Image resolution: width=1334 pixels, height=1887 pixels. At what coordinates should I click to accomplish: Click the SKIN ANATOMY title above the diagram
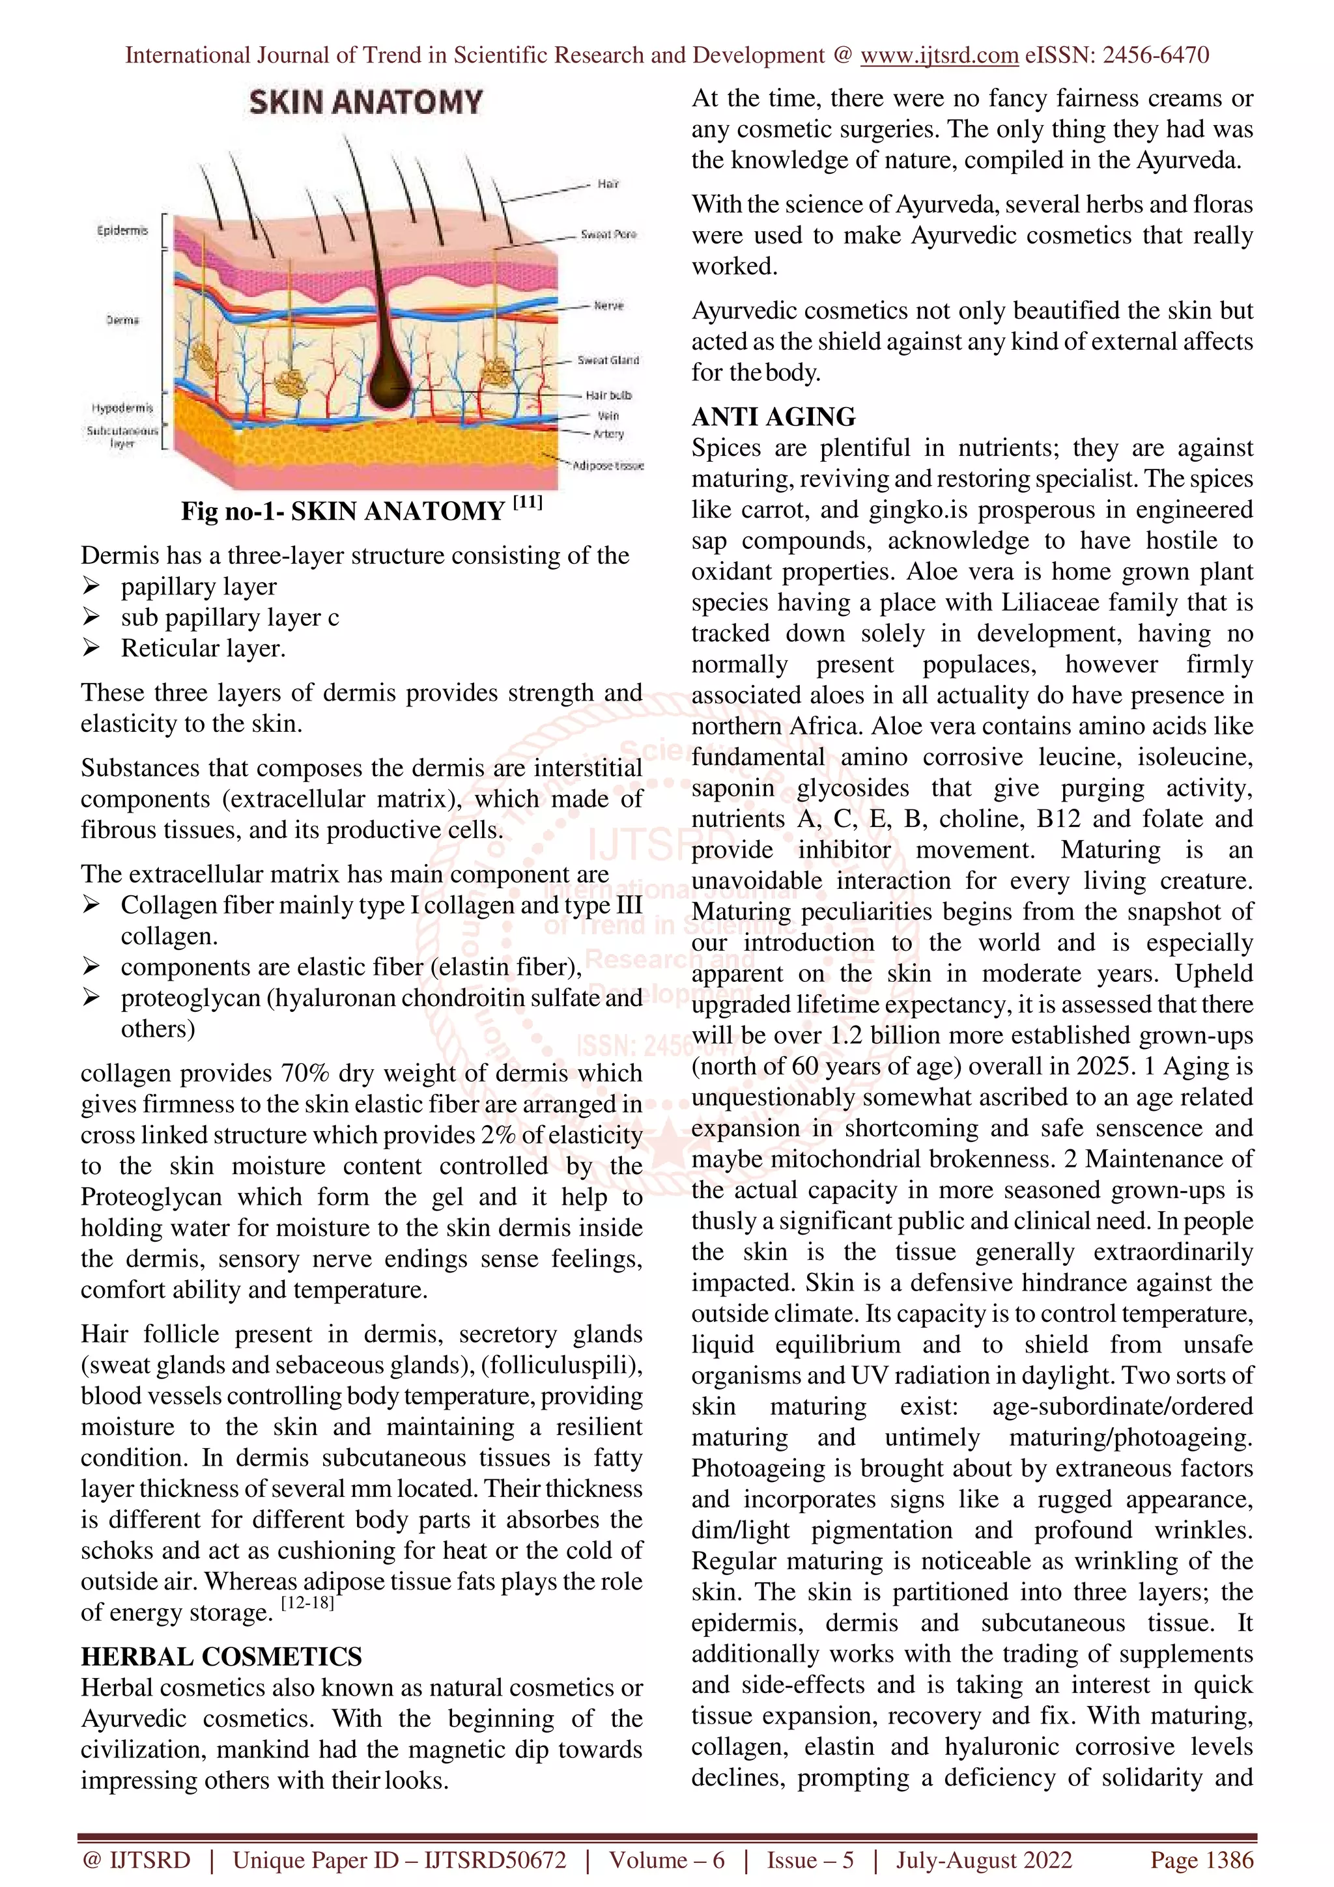coord(366,103)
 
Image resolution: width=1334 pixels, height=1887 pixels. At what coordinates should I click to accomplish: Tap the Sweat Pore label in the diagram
coord(608,234)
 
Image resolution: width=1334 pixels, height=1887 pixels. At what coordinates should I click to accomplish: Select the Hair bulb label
coord(608,395)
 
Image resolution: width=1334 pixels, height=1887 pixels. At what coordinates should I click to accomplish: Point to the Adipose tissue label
coord(608,465)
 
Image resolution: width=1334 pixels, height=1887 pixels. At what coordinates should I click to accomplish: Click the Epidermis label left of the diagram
coord(122,231)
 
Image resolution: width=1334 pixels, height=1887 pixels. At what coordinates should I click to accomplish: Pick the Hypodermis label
coord(122,408)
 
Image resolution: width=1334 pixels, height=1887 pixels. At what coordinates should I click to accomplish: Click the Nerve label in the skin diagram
coord(608,306)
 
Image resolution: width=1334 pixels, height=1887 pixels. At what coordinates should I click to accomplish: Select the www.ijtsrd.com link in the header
coord(939,55)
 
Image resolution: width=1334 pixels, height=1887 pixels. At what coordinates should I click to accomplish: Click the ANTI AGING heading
coord(773,417)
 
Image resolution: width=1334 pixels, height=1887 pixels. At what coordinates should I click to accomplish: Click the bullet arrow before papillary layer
coord(91,587)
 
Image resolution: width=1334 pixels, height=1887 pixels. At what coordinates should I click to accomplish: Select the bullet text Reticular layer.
coord(203,649)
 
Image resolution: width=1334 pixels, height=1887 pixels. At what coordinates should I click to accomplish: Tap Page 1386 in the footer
coord(1202,1860)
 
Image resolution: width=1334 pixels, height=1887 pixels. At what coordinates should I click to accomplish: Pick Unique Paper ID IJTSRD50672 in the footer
coord(399,1860)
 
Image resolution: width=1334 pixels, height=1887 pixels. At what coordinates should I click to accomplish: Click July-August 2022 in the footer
coord(984,1860)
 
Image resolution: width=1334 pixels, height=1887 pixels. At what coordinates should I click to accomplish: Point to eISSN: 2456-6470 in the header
coord(1116,55)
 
